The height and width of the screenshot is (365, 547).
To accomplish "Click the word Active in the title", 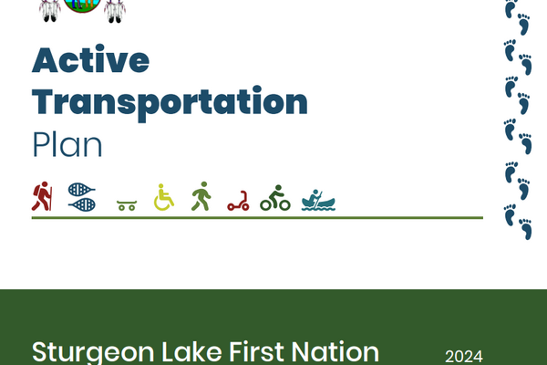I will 90,60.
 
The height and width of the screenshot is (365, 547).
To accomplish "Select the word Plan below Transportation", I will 67,145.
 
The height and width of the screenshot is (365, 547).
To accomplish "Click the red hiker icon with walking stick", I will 42,196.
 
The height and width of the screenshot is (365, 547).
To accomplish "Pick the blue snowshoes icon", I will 82,196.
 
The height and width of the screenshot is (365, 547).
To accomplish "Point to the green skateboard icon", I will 127,205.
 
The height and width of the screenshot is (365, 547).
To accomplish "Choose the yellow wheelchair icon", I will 164,197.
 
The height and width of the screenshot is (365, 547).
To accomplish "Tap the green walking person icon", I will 201,196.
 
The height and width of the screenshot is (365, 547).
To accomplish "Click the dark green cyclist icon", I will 274,198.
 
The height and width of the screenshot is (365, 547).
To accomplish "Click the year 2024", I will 463,356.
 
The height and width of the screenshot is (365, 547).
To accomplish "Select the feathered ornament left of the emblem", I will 51,9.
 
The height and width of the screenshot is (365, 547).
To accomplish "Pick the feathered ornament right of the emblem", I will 114,9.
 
